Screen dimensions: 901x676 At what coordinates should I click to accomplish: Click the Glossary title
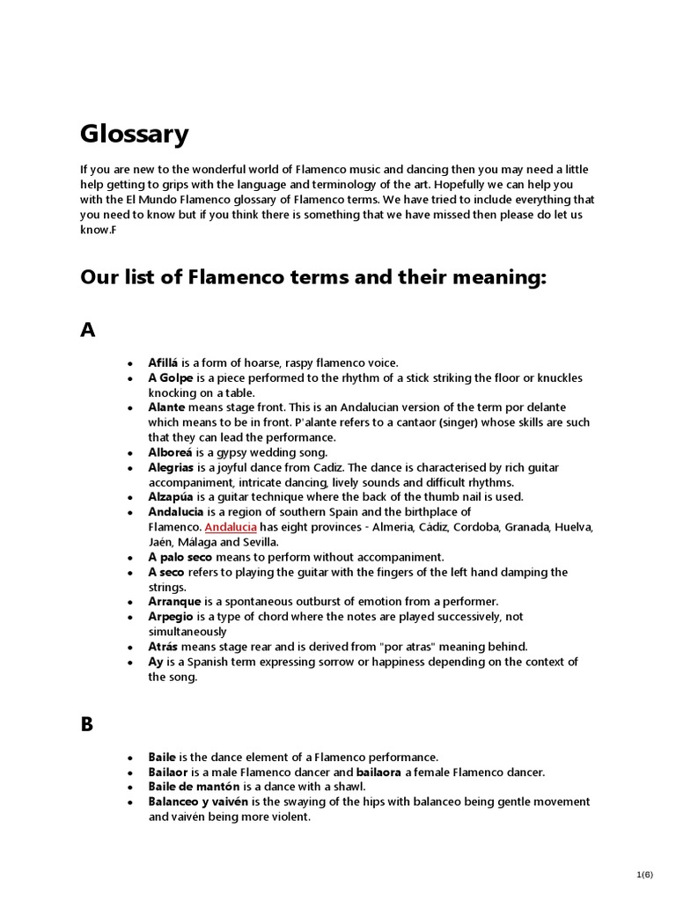(x=135, y=135)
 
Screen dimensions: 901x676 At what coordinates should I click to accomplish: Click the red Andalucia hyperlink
(x=231, y=527)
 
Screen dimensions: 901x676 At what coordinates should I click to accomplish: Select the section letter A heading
(x=87, y=330)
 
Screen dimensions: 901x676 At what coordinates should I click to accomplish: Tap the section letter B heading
(x=87, y=724)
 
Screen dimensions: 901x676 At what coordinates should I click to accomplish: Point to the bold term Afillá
(x=164, y=363)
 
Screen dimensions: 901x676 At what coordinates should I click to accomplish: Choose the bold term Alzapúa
(x=172, y=497)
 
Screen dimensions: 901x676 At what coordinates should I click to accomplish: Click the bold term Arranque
(x=175, y=602)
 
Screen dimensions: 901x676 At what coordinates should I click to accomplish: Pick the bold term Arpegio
(x=172, y=617)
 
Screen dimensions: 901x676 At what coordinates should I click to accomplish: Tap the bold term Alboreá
(x=171, y=452)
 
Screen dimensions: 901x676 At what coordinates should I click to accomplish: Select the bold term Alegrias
(x=173, y=467)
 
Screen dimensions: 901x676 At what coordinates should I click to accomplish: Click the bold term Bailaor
(x=169, y=772)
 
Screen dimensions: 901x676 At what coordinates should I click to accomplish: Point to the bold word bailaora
(x=378, y=772)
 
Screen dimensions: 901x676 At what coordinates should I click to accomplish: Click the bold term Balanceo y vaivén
(x=199, y=802)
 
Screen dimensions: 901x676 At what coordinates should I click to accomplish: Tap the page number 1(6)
(x=645, y=875)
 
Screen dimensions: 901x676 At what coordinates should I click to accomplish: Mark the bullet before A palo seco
(x=130, y=558)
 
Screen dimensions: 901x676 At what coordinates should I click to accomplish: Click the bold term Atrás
(x=163, y=647)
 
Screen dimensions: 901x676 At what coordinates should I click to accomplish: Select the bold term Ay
(x=156, y=662)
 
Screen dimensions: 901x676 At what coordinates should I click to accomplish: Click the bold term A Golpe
(x=169, y=377)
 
